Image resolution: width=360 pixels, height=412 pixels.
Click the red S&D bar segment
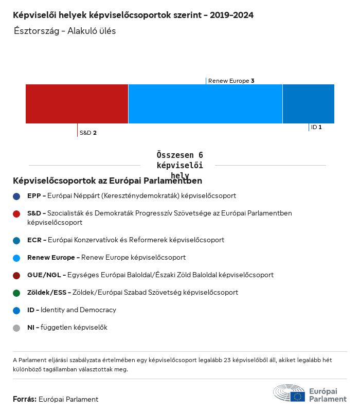point(77,104)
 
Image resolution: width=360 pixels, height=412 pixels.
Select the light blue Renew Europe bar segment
point(205,104)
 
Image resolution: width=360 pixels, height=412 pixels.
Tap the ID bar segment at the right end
point(308,104)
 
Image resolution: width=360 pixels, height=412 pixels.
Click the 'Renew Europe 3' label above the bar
point(231,81)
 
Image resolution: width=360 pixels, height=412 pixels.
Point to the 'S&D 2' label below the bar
point(88,133)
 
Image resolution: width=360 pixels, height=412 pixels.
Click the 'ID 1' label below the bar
point(316,127)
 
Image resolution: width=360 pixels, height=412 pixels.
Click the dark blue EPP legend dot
point(16,196)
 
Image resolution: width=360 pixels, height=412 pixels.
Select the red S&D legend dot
point(16,213)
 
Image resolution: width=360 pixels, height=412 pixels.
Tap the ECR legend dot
point(16,240)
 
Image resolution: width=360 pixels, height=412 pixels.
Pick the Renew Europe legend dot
point(16,258)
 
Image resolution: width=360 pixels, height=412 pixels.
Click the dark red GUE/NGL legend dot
point(16,275)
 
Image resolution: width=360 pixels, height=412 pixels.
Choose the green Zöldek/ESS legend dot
point(16,293)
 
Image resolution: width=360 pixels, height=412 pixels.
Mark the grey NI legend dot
point(16,328)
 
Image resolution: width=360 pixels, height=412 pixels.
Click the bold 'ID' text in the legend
point(31,310)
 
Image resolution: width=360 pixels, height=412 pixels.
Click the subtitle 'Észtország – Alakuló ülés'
point(65,31)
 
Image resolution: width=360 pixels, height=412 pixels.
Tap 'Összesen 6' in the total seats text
point(179,155)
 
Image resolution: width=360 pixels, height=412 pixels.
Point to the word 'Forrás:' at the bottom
point(25,399)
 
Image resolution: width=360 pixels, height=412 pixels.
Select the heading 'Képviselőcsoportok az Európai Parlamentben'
point(107,181)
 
